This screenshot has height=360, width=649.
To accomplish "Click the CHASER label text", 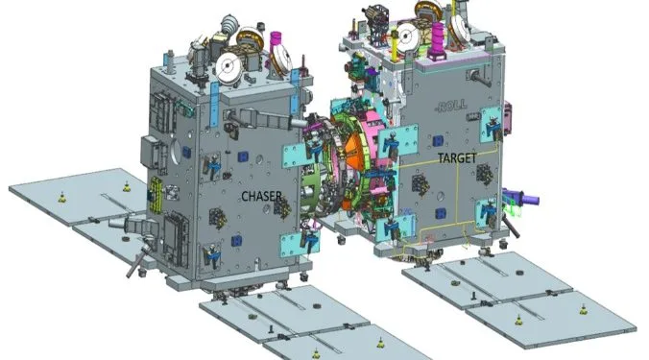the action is [261, 196].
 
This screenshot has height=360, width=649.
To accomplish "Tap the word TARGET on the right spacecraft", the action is [457, 157].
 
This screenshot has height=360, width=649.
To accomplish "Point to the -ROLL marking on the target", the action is [450, 106].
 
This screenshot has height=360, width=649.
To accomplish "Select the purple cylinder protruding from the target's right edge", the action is [522, 198].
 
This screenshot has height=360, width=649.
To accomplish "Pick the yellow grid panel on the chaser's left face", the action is [156, 195].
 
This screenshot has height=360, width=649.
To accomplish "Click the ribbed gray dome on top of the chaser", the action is [228, 26].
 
